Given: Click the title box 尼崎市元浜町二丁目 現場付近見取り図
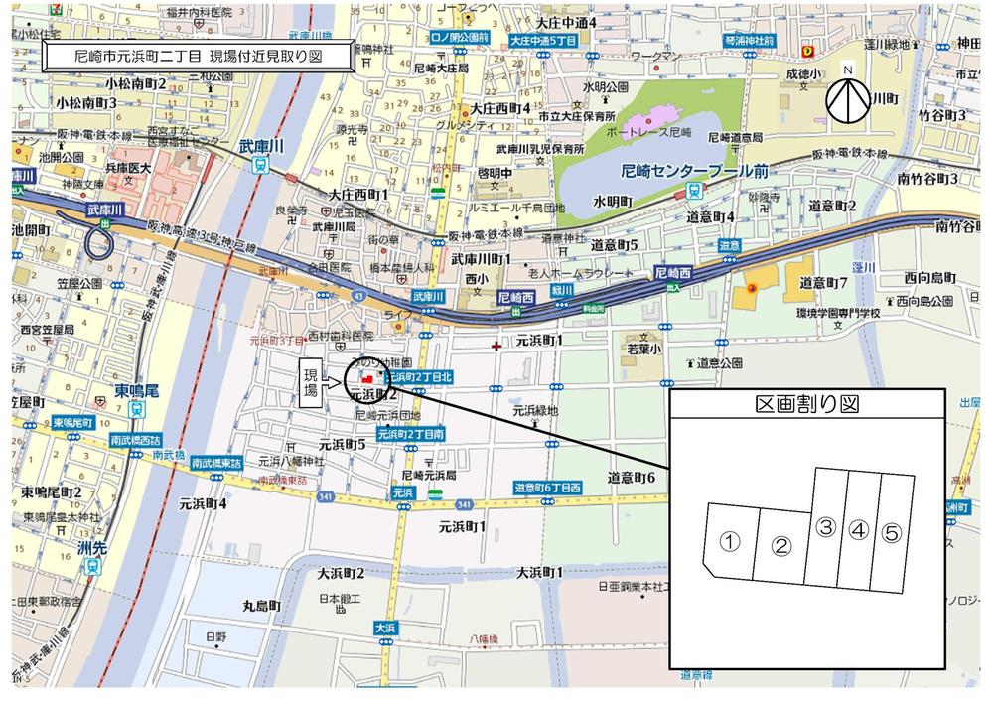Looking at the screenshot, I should tap(198, 57).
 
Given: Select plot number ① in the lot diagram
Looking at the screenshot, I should tap(730, 541).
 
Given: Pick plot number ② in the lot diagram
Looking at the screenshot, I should tap(781, 545).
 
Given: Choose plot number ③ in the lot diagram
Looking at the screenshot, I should tap(825, 528).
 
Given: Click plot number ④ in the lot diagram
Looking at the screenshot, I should tap(858, 528).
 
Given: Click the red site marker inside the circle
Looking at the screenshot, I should tap(366, 378).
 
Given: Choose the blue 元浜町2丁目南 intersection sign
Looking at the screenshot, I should tap(417, 435).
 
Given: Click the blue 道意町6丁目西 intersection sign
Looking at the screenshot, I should tap(547, 488).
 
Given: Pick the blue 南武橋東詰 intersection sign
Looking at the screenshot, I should tap(217, 462).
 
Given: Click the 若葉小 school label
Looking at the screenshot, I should tap(641, 350).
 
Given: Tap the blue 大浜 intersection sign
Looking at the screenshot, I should tap(386, 628).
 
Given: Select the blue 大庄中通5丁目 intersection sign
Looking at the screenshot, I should tap(543, 41).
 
